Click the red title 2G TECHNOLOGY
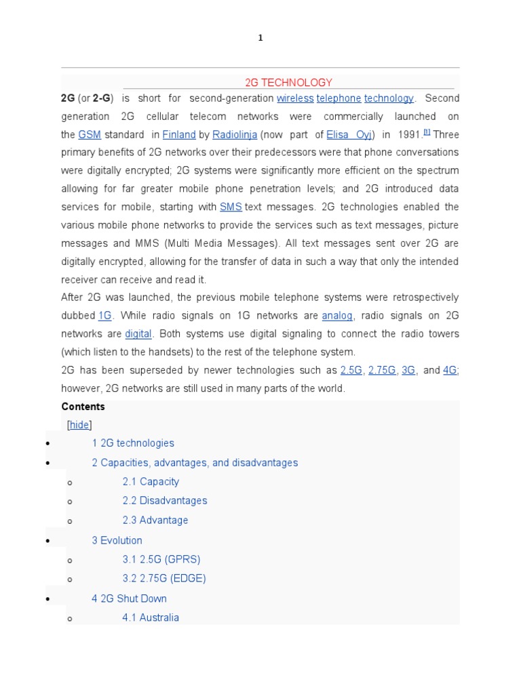click(288, 83)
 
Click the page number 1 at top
click(260, 38)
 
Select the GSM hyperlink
click(90, 135)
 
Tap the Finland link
click(179, 135)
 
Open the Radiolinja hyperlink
click(235, 135)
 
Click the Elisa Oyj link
click(349, 135)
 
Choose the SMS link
click(231, 207)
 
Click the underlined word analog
click(337, 315)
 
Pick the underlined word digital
click(138, 333)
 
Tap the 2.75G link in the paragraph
click(382, 370)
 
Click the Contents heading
click(83, 407)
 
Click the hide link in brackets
click(79, 425)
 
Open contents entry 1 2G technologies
click(133, 443)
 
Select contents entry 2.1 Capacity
click(151, 482)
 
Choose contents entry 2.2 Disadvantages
click(165, 501)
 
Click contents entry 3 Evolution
click(117, 540)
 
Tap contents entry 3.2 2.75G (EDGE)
click(164, 579)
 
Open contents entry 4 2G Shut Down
click(129, 598)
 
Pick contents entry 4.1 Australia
click(151, 617)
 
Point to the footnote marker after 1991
click(427, 132)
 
